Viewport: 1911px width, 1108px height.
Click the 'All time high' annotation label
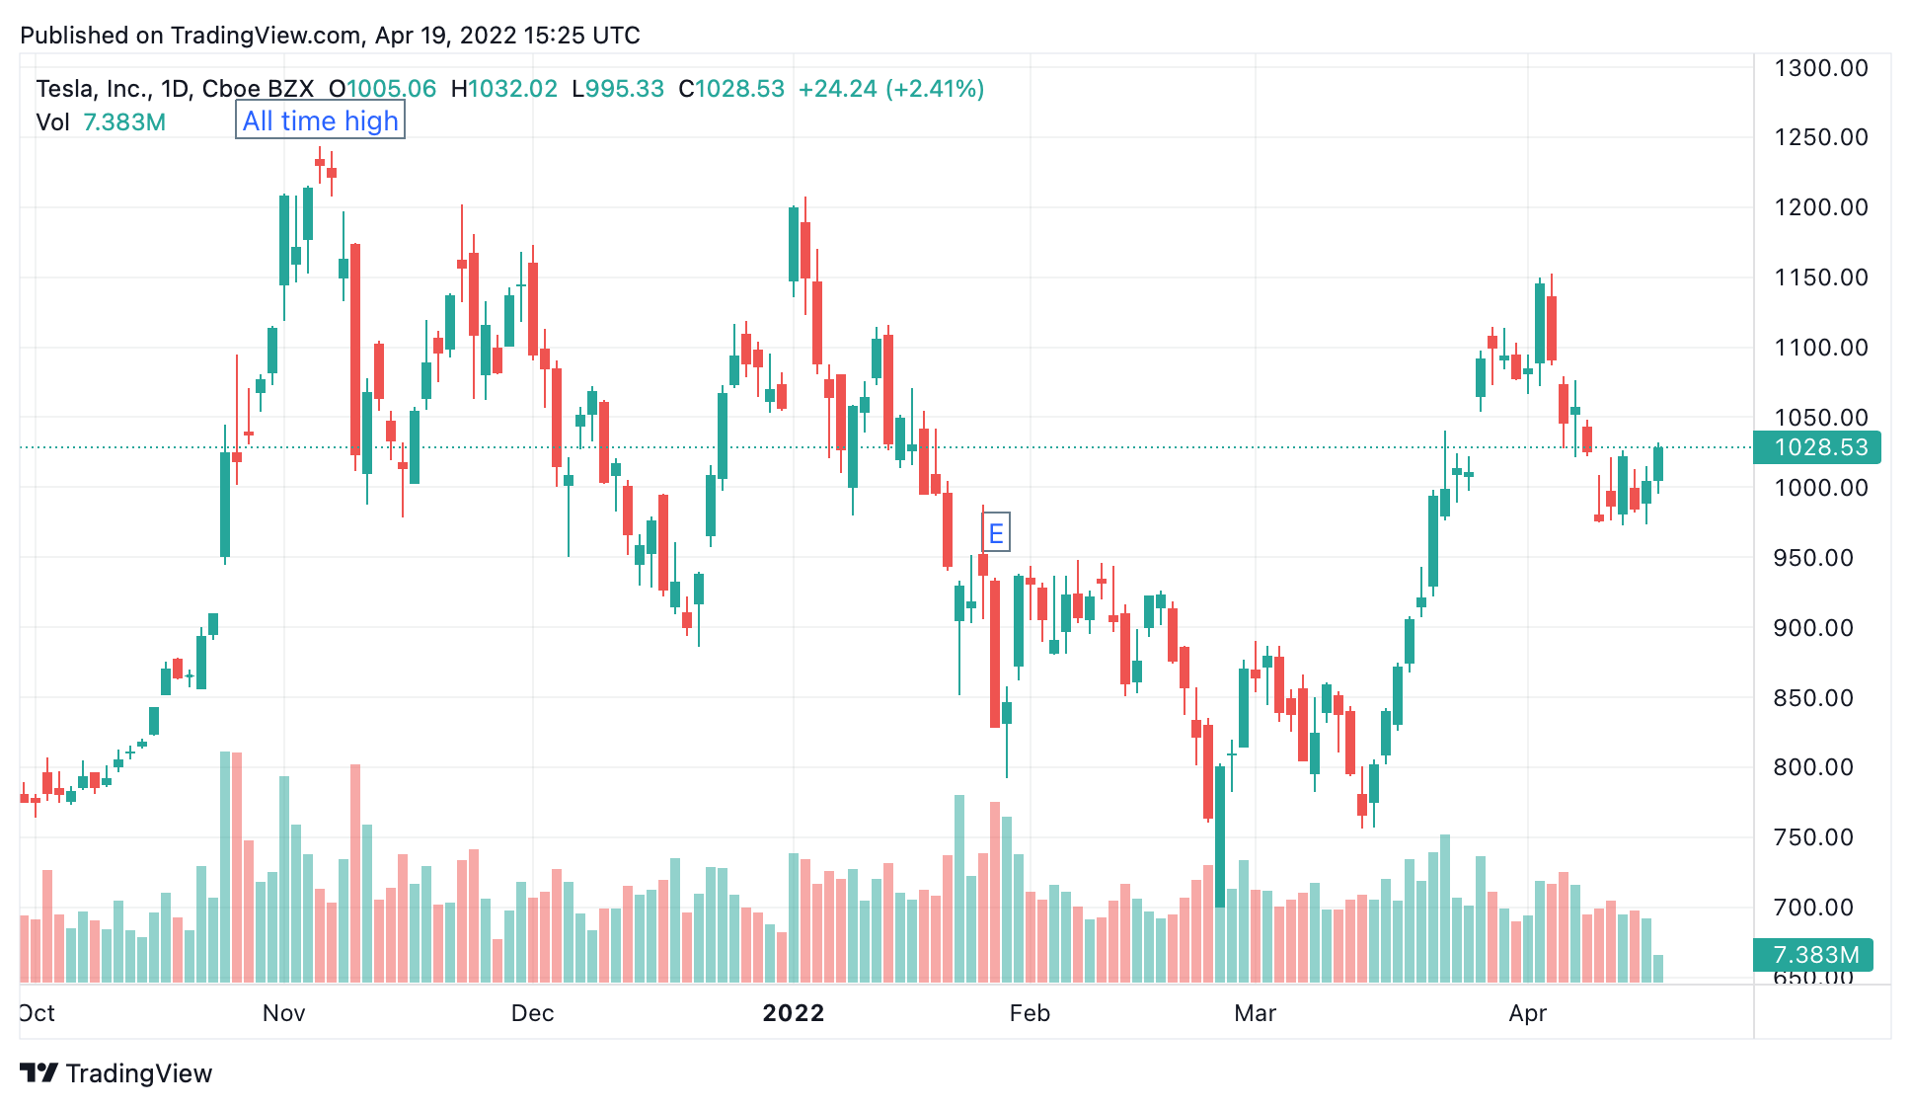point(320,120)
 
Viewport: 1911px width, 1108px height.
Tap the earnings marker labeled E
point(996,533)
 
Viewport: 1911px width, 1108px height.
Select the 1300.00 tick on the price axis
point(1821,68)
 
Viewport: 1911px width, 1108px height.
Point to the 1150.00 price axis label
point(1821,277)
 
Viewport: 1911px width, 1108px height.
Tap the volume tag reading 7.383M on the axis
point(1813,955)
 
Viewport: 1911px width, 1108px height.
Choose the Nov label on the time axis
point(284,1013)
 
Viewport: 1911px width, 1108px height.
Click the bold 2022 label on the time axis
point(794,1013)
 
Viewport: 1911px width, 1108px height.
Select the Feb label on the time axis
point(1030,1013)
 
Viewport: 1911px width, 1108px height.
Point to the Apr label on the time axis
point(1528,1013)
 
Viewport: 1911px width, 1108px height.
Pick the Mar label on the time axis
point(1256,1013)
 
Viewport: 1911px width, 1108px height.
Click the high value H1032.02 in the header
point(504,89)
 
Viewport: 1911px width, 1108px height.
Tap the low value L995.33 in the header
point(618,89)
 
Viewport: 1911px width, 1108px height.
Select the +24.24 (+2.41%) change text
point(891,89)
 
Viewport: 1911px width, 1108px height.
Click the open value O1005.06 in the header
point(382,89)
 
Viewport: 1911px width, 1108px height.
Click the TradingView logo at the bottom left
point(116,1073)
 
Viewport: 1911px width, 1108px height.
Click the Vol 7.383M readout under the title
point(101,122)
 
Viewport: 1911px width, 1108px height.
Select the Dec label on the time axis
point(533,1013)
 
